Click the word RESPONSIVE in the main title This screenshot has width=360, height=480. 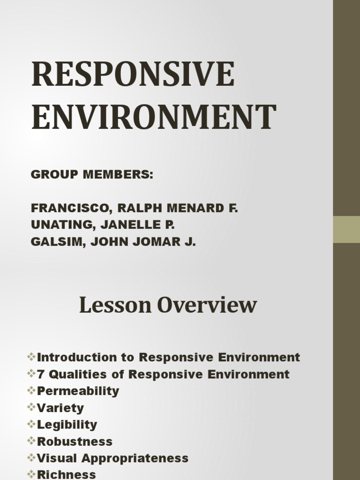[133, 75]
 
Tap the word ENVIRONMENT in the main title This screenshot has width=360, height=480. [154, 117]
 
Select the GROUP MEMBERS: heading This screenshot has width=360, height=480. [92, 175]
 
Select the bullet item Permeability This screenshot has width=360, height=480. [78, 391]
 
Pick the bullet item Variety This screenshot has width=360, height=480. [60, 408]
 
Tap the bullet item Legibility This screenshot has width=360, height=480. [67, 425]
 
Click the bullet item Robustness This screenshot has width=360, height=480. [75, 442]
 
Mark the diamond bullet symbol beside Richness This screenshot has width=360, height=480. [32, 474]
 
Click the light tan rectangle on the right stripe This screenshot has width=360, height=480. [346, 229]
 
